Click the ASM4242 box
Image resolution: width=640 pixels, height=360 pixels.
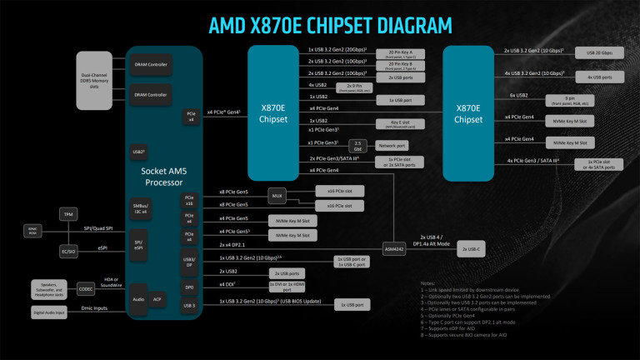click(396, 248)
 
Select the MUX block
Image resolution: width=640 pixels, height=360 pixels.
click(277, 197)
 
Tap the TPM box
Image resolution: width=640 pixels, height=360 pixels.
click(69, 214)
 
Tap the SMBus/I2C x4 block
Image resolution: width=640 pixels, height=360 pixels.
click(140, 206)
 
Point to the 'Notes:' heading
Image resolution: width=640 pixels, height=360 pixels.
click(429, 282)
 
